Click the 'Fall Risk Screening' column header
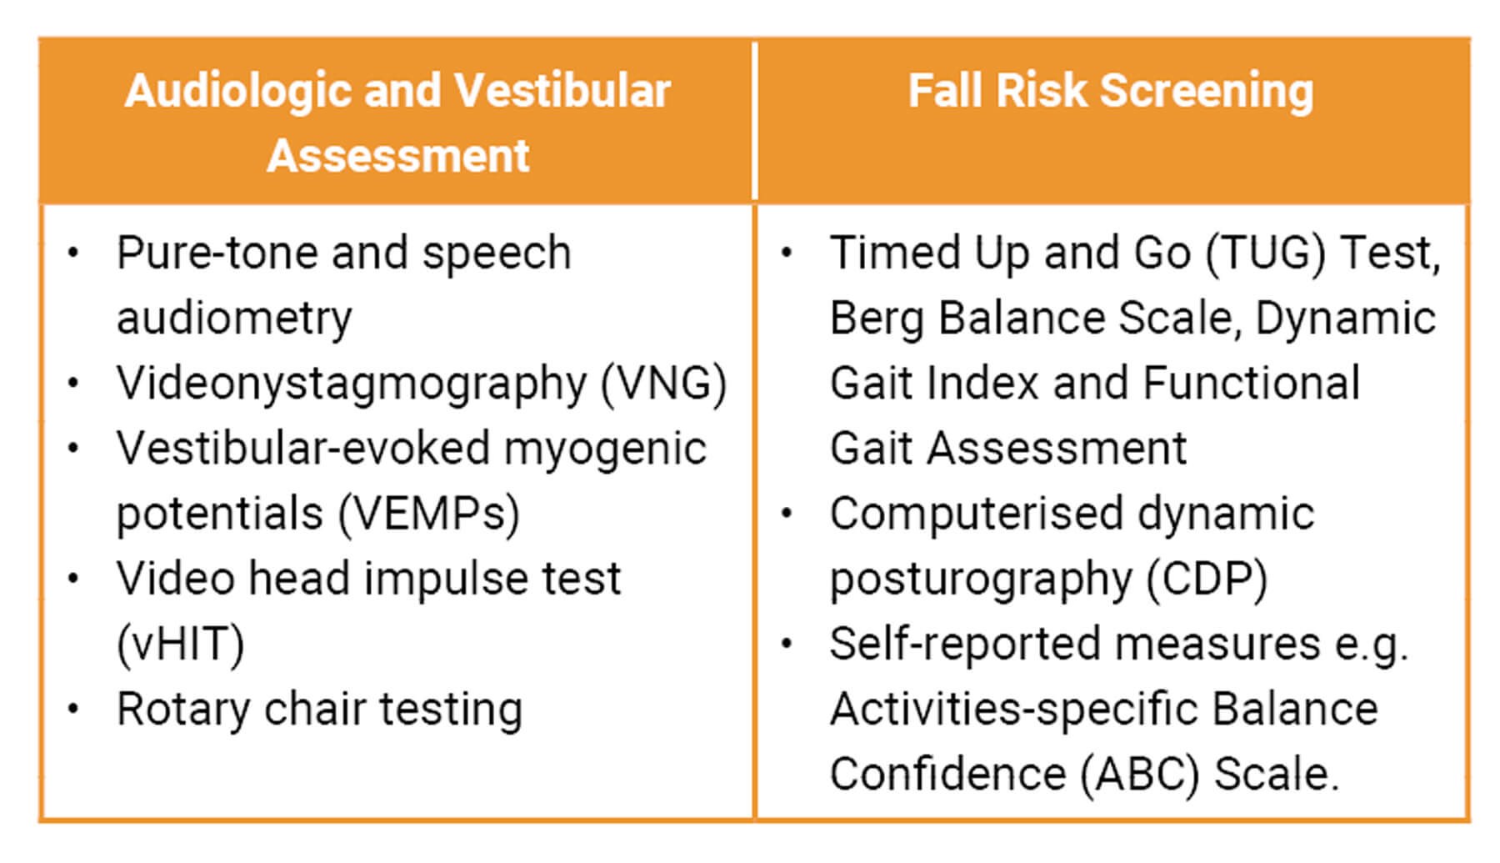pos(1110,91)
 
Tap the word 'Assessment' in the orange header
pos(398,155)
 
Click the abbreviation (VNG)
pos(664,384)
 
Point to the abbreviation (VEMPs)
pos(429,514)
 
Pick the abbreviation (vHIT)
pos(181,645)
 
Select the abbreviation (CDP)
pos(1207,580)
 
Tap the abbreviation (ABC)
pos(1139,775)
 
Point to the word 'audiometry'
pos(234,319)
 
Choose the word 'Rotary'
pos(183,710)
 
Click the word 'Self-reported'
pos(965,645)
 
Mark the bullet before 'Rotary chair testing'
pos(74,709)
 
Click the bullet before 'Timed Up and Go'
pos(787,252)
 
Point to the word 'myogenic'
pos(605,450)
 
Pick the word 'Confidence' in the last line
pos(947,775)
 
